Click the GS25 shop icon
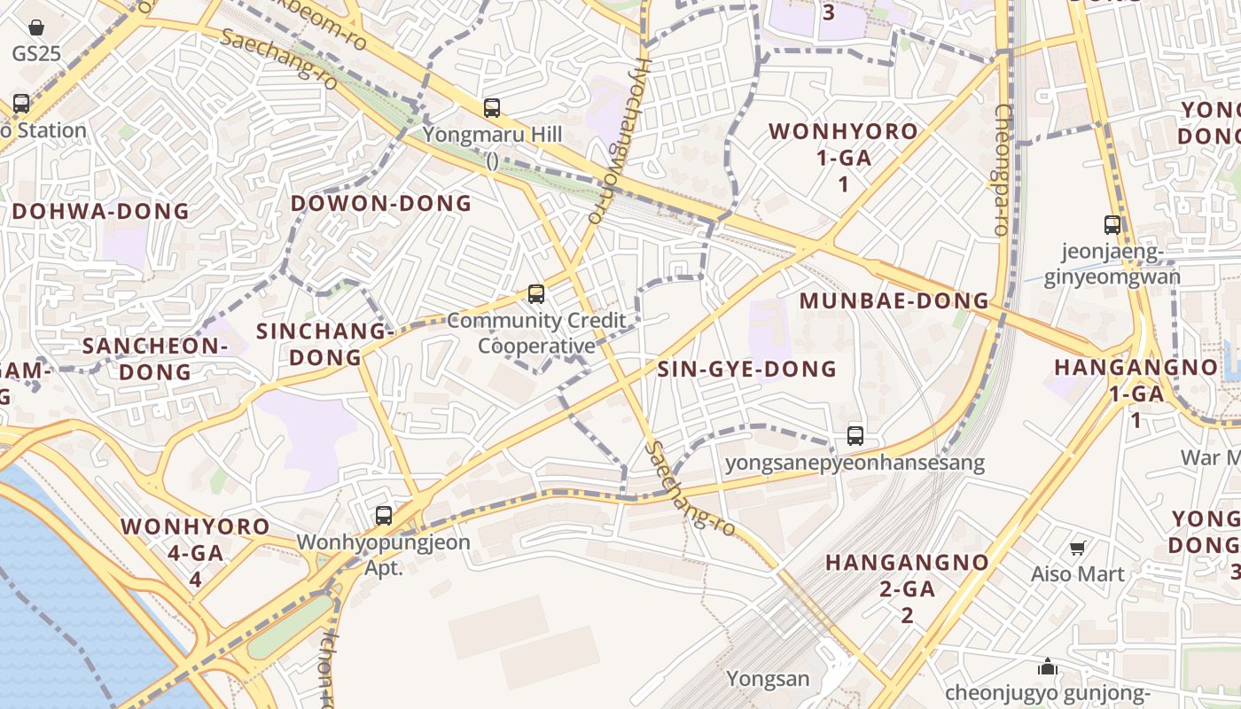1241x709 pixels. point(36,28)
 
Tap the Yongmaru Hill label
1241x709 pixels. point(492,136)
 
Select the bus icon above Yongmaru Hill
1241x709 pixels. point(492,108)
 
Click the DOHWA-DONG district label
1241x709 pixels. point(101,212)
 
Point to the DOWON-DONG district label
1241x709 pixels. point(381,204)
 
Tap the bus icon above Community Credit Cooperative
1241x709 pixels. point(535,294)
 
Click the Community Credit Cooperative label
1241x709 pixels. point(536,333)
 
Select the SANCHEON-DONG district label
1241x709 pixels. point(155,358)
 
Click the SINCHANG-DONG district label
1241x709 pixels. point(324,344)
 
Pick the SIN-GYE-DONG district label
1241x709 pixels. point(747,369)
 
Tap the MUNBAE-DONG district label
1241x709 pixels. point(894,300)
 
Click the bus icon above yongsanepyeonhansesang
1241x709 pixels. point(855,436)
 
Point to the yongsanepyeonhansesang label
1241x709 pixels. point(855,463)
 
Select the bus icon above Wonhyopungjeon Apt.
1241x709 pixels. point(384,516)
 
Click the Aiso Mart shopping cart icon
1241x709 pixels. point(1078,549)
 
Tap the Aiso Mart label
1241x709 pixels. point(1078,574)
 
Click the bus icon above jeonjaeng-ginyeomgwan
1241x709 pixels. point(1112,225)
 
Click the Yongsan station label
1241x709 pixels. point(769,679)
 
